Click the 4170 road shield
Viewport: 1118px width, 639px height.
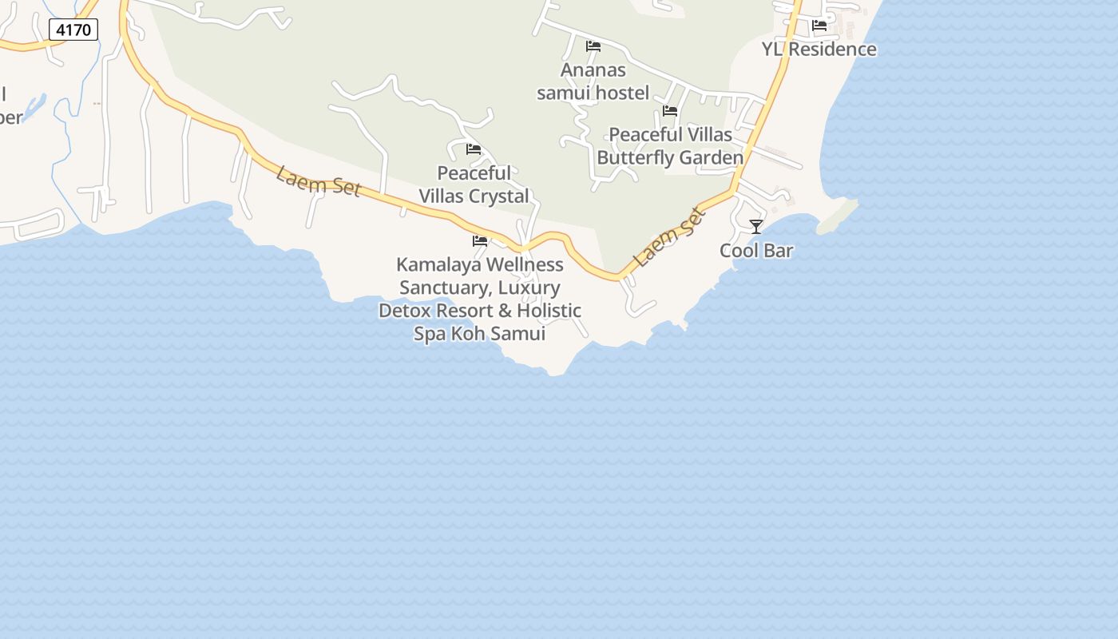[x=73, y=30]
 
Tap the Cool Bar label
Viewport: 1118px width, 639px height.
[x=756, y=251]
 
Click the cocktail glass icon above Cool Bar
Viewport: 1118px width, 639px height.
[x=756, y=227]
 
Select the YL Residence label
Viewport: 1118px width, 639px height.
[x=819, y=50]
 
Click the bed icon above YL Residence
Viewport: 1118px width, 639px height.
[x=819, y=26]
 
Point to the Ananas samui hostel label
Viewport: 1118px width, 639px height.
[x=593, y=81]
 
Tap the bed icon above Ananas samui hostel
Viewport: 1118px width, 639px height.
[x=593, y=46]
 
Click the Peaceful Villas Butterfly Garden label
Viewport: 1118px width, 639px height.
[x=670, y=146]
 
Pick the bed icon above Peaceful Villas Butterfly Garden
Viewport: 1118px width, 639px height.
[x=670, y=111]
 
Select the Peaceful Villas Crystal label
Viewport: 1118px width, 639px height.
[x=474, y=185]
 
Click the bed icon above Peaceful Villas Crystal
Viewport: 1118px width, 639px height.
[x=474, y=149]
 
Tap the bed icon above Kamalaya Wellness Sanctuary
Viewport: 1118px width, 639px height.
[x=480, y=240]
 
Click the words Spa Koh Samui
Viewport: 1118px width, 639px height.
[x=479, y=334]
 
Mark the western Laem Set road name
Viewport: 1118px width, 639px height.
[x=319, y=181]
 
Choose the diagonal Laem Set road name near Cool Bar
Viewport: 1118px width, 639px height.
[x=669, y=237]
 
